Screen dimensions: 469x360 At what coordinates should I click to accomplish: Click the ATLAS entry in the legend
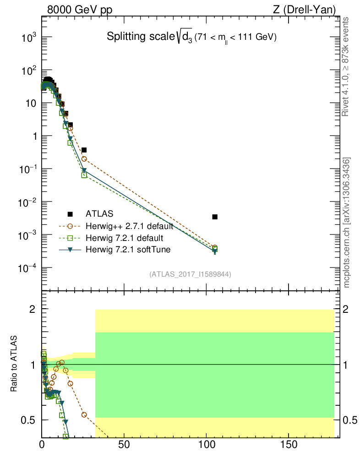coord(100,213)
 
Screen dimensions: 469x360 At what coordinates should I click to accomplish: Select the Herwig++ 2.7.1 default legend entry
coord(129,226)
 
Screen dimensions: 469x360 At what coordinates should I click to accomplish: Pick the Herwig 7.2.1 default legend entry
coord(124,238)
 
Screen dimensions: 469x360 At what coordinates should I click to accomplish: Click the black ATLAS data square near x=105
coord(215,217)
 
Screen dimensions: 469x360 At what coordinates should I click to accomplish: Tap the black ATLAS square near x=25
coord(84,150)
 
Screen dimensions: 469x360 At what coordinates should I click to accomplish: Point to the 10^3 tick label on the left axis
coord(28,38)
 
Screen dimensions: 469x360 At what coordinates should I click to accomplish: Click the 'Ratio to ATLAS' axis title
coord(14,364)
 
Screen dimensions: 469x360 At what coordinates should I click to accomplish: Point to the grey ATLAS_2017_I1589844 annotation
coord(190,274)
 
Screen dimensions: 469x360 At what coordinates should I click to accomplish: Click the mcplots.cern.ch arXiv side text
coord(347,223)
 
